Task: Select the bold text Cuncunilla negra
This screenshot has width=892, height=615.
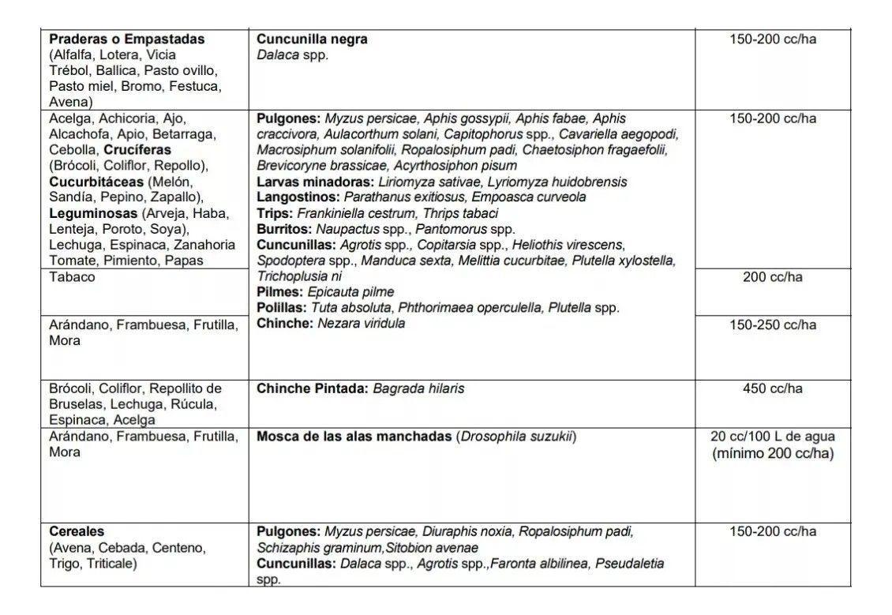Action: coord(312,39)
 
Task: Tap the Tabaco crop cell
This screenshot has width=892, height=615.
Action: coord(72,277)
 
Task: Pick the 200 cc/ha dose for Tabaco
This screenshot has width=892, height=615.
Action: coord(772,277)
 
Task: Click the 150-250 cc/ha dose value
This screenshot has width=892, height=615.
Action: coord(772,324)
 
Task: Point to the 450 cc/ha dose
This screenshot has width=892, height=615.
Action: coord(772,388)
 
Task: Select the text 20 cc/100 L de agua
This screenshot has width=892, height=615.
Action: coord(772,436)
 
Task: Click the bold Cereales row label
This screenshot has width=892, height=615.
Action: coord(77,531)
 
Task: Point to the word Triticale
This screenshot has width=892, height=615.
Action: coord(111,564)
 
